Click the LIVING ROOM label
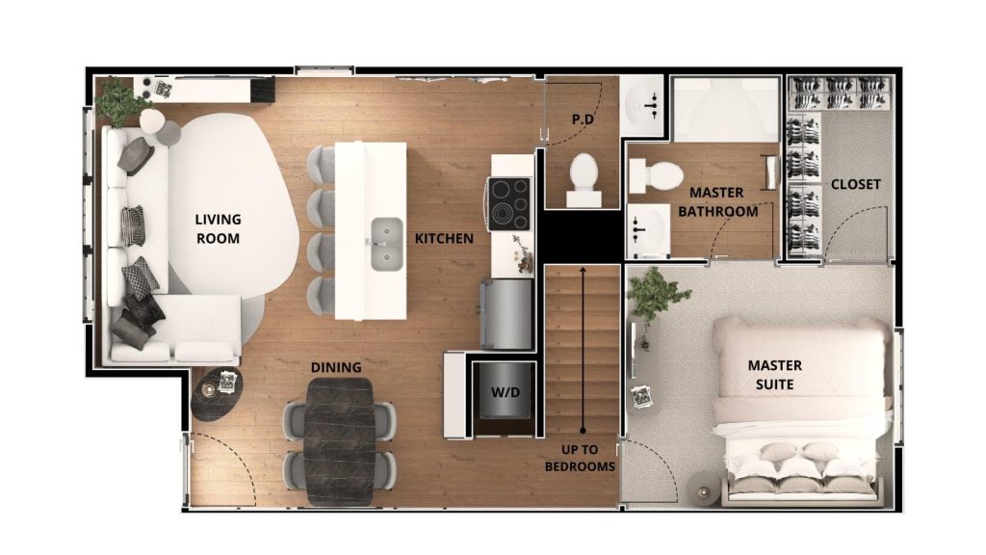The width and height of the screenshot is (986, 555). coord(218,228)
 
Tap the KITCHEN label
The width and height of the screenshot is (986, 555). coord(444,239)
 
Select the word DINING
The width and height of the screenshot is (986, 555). coord(336,367)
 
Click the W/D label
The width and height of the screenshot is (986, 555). coord(506,392)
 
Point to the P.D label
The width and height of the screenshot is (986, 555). coord(583,119)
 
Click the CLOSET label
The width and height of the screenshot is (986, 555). coord(856,184)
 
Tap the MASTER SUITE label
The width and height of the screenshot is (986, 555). coord(775,375)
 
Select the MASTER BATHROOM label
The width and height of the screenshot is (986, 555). coord(717,202)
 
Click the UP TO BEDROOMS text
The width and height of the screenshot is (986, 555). coord(580,458)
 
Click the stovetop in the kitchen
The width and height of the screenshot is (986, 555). coord(510,204)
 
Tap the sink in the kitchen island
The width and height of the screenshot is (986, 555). coord(387,244)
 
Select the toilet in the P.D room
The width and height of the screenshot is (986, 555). coord(584,178)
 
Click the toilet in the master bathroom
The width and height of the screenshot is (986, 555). coord(656,175)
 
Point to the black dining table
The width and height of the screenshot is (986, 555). coord(340,441)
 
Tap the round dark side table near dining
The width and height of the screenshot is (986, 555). coord(217,394)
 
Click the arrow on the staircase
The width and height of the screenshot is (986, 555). coord(583,349)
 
